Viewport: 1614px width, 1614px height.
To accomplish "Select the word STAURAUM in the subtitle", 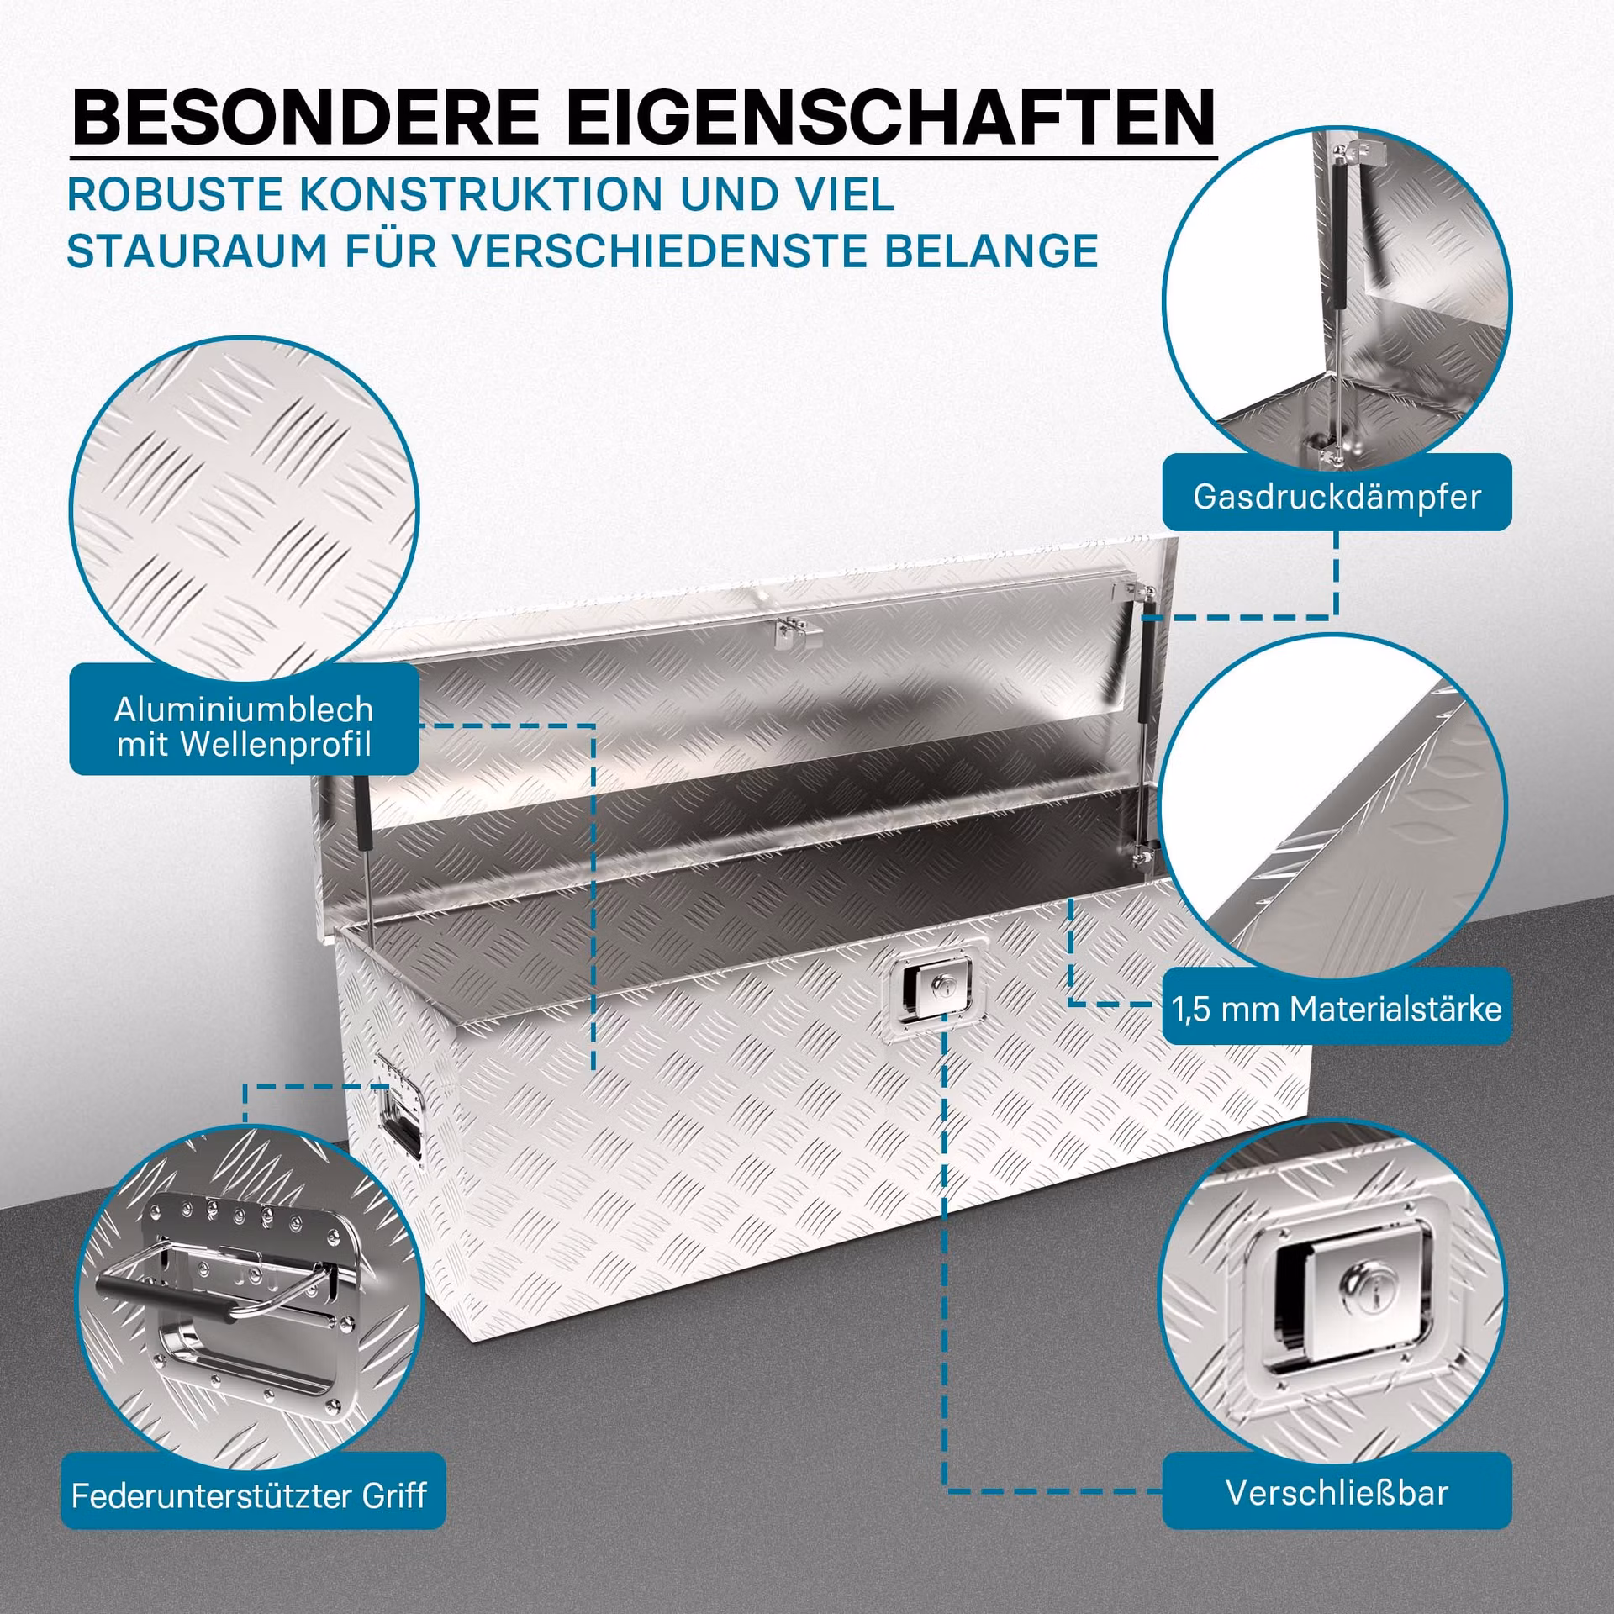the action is (x=197, y=251).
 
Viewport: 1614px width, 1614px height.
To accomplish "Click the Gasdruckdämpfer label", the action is (x=1337, y=496).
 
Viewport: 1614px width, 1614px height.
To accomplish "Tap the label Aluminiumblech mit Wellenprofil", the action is (x=244, y=726).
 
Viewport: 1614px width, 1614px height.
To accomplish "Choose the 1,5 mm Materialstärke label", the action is (x=1337, y=1008).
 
